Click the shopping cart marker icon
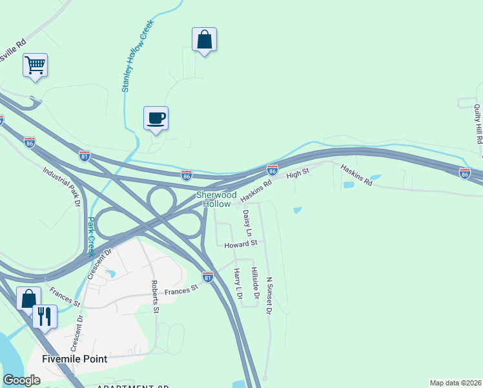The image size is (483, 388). (x=35, y=65)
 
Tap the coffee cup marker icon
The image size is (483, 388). (x=156, y=118)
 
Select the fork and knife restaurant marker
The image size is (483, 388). (x=45, y=316)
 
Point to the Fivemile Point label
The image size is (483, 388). (x=74, y=358)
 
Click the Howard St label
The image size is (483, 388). (x=241, y=244)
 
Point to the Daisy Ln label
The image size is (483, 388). (x=247, y=223)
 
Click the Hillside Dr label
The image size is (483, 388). (x=256, y=283)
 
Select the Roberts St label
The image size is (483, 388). (x=155, y=297)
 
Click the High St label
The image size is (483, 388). (x=298, y=173)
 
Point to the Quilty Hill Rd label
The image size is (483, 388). (x=478, y=124)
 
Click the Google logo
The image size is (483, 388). (x=22, y=380)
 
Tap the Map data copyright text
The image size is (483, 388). (x=455, y=382)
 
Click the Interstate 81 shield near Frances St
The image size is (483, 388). (x=207, y=277)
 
